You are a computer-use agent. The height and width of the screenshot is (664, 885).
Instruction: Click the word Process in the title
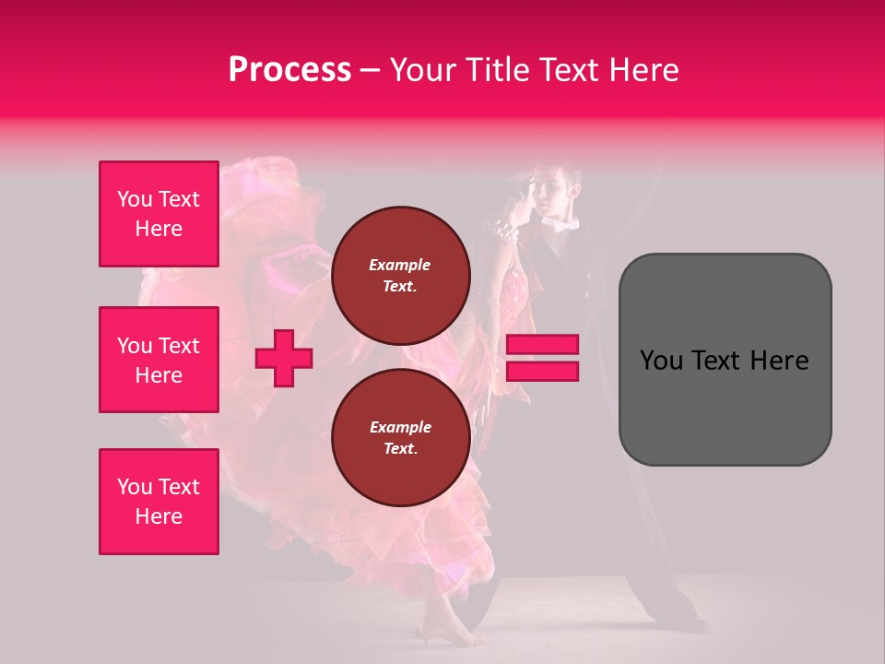pyautogui.click(x=289, y=70)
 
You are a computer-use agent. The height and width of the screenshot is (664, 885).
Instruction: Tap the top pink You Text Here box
pyautogui.click(x=159, y=214)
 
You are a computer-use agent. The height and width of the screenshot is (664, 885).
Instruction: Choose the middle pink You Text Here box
pyautogui.click(x=159, y=360)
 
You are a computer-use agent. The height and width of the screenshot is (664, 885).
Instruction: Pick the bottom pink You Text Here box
pyautogui.click(x=159, y=502)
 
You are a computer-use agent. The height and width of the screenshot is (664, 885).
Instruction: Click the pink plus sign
pyautogui.click(x=284, y=358)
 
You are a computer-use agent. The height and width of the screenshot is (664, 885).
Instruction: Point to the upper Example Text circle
pyautogui.click(x=400, y=275)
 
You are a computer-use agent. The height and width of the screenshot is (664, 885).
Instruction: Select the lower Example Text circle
pyautogui.click(x=400, y=437)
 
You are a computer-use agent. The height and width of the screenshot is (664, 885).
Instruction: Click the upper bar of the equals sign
pyautogui.click(x=542, y=345)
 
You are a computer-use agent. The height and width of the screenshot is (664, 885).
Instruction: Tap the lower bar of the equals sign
pyautogui.click(x=542, y=371)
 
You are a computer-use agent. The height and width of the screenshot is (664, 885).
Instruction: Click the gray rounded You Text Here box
pyautogui.click(x=725, y=360)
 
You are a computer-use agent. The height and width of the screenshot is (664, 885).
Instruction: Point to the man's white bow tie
pyautogui.click(x=563, y=224)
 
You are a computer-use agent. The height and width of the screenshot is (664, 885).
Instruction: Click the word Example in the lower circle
pyautogui.click(x=400, y=427)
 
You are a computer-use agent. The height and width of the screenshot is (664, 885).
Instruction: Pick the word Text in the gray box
pyautogui.click(x=714, y=360)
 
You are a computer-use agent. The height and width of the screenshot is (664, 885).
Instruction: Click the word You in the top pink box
pyautogui.click(x=134, y=199)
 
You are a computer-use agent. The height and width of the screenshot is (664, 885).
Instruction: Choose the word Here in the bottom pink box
pyautogui.click(x=159, y=516)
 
